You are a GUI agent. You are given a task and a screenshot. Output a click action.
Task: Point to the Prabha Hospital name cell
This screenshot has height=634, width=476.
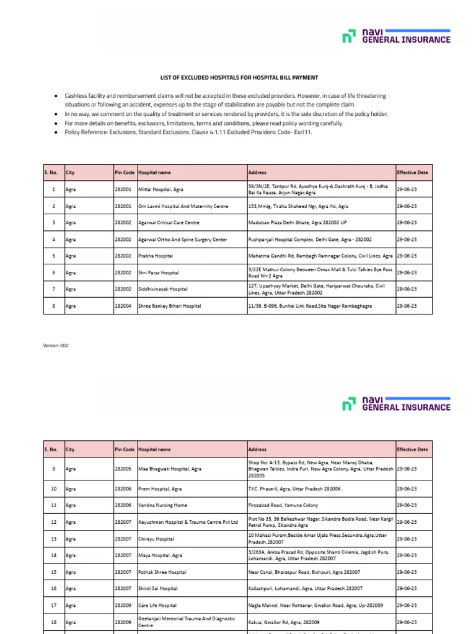[x=156, y=256]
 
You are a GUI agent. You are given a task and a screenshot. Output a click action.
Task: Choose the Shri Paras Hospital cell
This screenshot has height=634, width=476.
[x=159, y=272]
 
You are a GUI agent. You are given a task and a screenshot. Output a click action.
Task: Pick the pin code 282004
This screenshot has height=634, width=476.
[x=123, y=306]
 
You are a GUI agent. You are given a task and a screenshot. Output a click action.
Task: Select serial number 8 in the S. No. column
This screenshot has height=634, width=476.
[x=54, y=306]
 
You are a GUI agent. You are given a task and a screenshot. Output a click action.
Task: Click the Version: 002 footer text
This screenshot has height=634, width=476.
[x=56, y=345]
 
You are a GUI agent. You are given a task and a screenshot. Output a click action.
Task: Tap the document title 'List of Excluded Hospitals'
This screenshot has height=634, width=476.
[x=239, y=77]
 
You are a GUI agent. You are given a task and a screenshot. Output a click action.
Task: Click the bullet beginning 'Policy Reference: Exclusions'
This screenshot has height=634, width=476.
[x=188, y=132]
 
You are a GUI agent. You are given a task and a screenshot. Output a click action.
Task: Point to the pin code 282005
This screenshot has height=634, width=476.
[x=123, y=469]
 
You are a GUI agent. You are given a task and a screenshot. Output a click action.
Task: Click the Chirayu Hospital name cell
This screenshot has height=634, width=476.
[x=156, y=539]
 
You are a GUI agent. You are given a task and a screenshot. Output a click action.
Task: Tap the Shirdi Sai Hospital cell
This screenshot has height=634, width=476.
[x=158, y=589]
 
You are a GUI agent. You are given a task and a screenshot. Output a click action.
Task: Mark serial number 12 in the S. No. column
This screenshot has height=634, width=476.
[x=54, y=522]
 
